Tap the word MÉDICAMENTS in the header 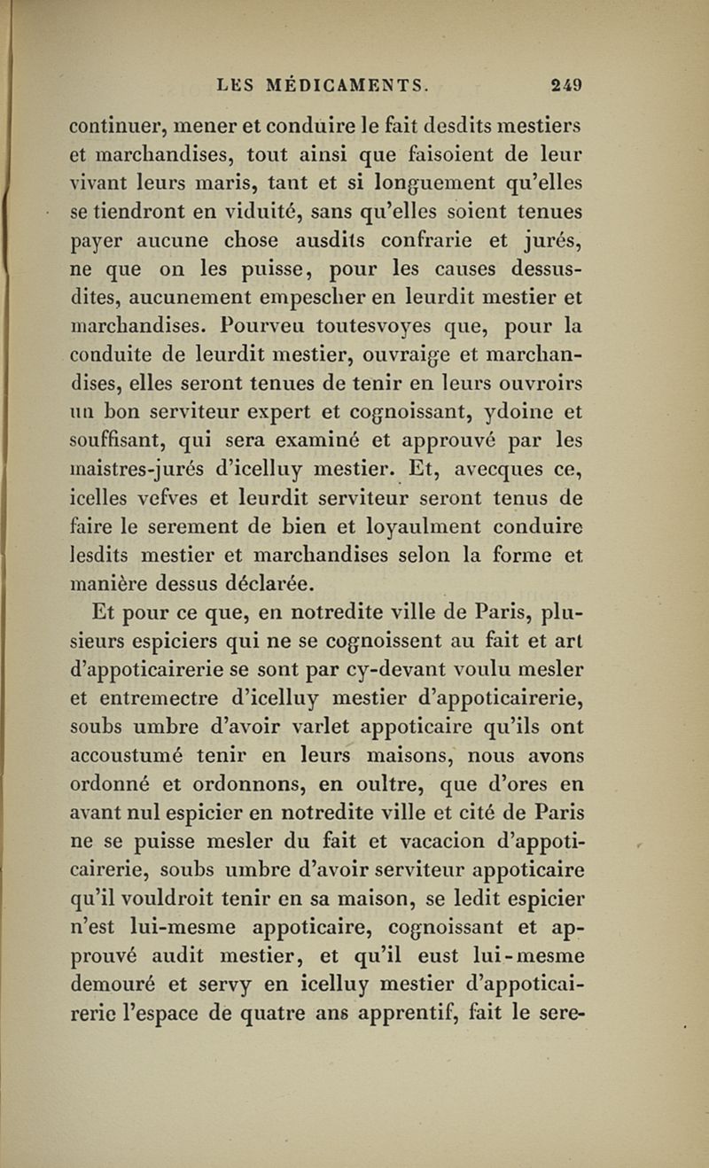tap(350, 86)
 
